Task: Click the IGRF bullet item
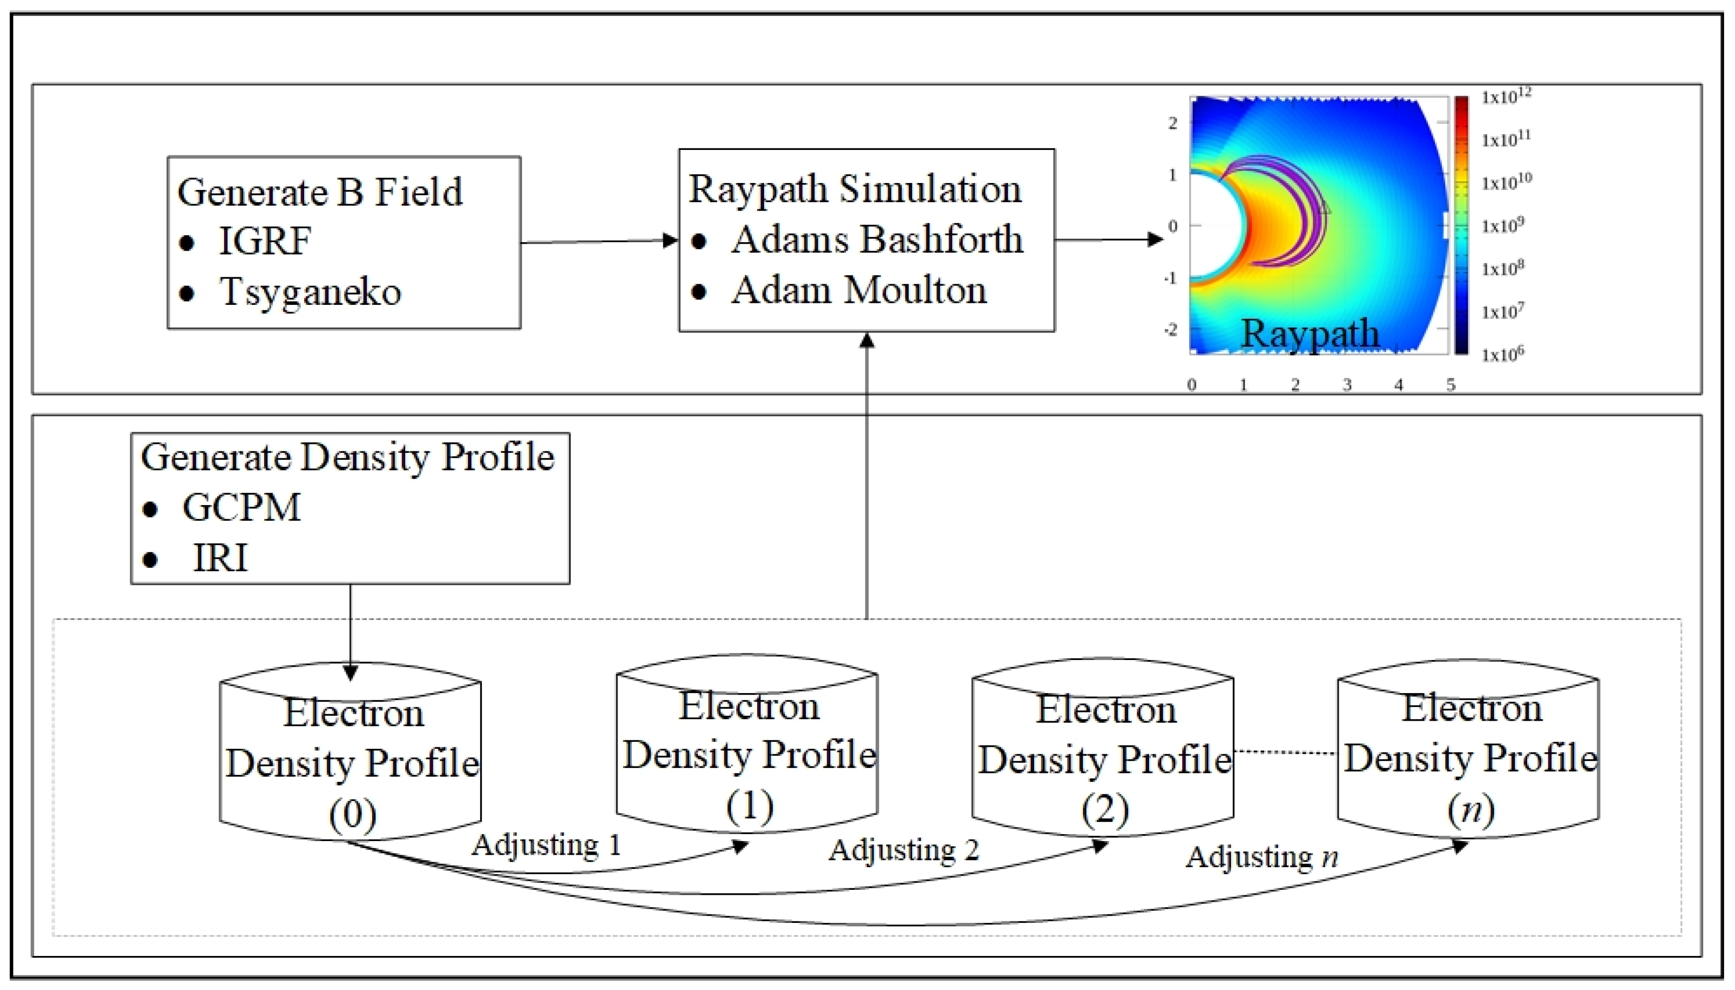265,241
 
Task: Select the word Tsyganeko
310,293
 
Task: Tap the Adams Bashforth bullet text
876,239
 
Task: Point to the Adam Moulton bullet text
859,291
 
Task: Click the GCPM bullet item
241,507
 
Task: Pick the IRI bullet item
220,558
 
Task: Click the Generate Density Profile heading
347,456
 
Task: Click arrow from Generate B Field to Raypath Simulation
599,241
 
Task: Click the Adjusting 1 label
546,845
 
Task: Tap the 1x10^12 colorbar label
1505,97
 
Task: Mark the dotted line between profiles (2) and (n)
1284,752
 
